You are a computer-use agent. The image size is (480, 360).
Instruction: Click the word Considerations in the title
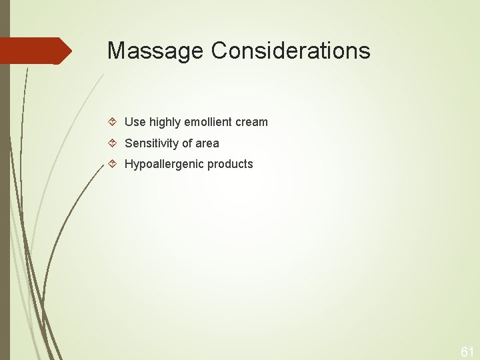click(291, 51)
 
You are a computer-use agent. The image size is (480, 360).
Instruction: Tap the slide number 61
click(467, 351)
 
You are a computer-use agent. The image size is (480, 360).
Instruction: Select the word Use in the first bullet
click(135, 122)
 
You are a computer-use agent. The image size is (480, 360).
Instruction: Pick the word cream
click(251, 122)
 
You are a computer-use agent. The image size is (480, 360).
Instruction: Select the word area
click(207, 143)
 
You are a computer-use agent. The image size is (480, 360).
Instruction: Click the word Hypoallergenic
click(164, 164)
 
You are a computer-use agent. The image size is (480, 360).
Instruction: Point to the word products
click(230, 164)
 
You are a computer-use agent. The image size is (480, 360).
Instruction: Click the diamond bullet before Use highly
click(114, 122)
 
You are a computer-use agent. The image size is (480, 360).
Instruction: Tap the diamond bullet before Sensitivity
click(114, 143)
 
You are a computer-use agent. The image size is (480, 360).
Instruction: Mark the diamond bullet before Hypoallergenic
click(114, 164)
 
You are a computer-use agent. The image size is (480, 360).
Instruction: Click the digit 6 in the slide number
click(463, 351)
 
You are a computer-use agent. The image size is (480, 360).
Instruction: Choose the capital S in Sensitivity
click(129, 143)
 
